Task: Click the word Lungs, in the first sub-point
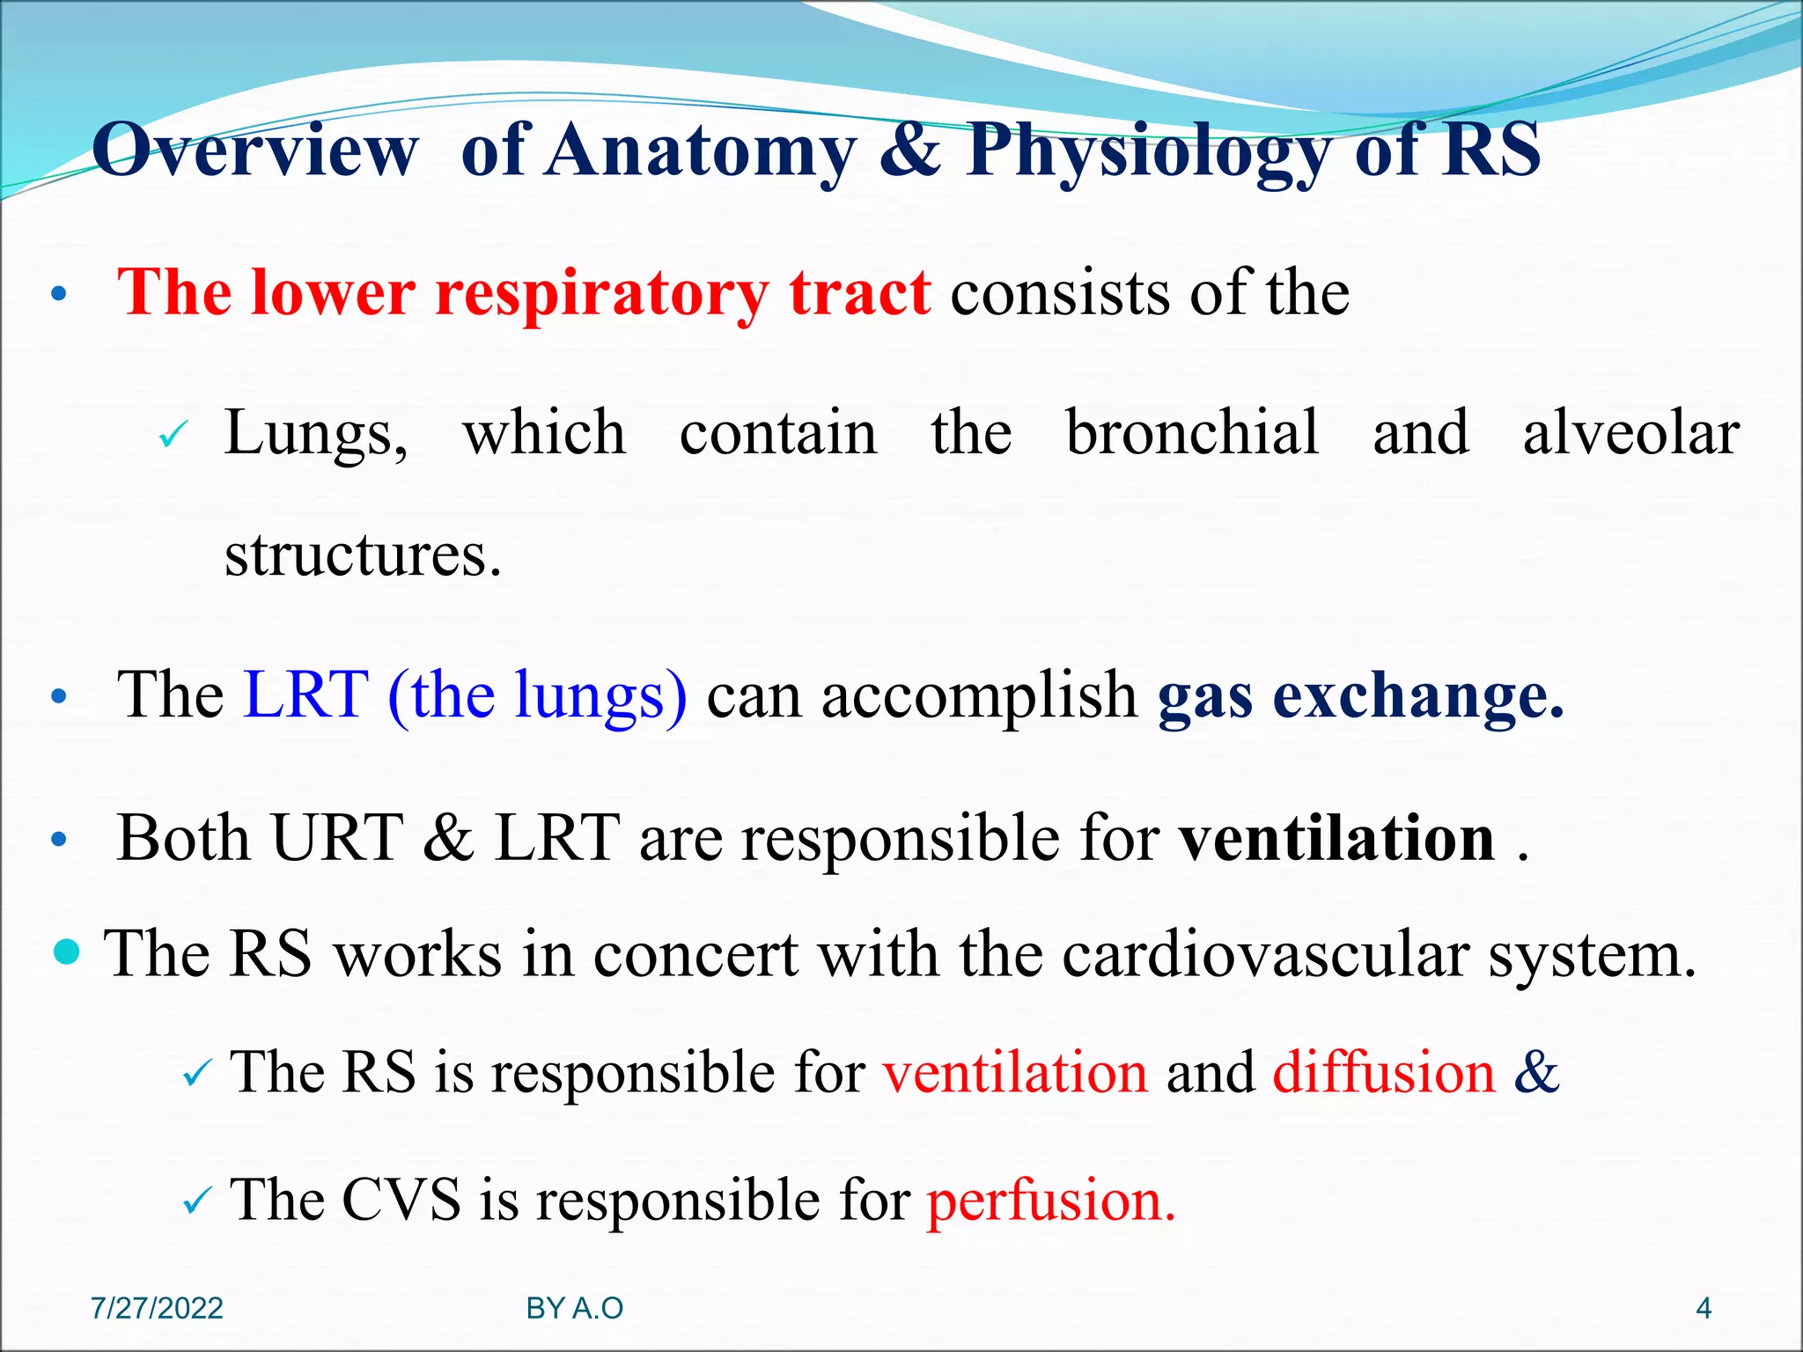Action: coord(316,433)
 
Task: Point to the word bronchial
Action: coord(1192,433)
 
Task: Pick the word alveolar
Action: coord(1630,433)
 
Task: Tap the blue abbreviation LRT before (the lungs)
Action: coord(305,695)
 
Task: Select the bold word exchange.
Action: coord(1418,695)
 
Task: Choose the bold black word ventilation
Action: coord(1337,837)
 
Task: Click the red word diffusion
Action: coord(1384,1072)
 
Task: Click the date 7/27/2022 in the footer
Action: coord(158,1309)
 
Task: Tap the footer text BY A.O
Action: coord(575,1309)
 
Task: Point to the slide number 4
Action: coord(1704,1309)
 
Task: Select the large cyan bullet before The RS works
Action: coord(67,952)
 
